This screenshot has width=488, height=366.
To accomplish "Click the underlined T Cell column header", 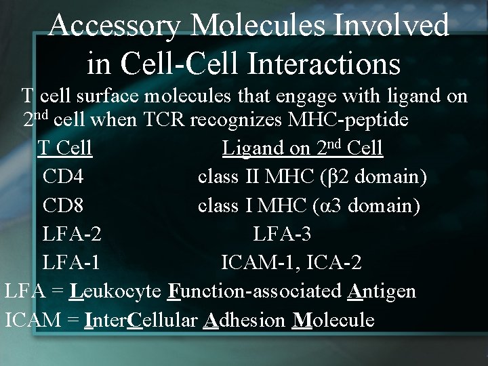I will [65, 148].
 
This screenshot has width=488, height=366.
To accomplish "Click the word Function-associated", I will [256, 291].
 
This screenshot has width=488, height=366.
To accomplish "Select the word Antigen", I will [382, 291].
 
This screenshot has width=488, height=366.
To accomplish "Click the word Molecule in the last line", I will [332, 320].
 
